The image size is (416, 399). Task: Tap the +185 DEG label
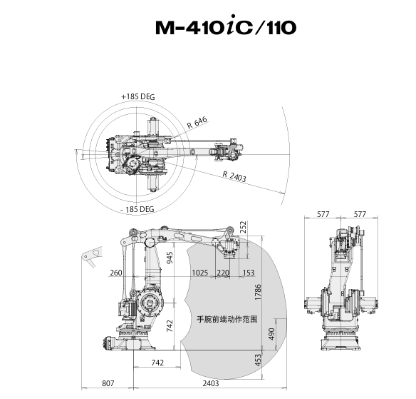[138, 96]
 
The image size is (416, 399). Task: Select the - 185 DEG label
[137, 209]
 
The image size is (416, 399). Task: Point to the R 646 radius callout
[197, 123]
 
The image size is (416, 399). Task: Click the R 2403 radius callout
[234, 176]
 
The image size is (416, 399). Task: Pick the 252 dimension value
[243, 227]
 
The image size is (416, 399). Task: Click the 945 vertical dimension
[170, 258]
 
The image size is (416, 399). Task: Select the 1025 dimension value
[199, 273]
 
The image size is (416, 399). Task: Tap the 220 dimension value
[223, 273]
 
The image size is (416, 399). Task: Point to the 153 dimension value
[249, 273]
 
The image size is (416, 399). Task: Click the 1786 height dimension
[258, 292]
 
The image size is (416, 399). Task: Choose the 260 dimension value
[116, 273]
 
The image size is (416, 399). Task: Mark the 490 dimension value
[271, 334]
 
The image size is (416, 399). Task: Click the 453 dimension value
[258, 360]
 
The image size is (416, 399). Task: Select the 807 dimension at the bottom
[108, 383]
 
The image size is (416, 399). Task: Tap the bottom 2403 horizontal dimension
[211, 383]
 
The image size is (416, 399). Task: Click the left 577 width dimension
[323, 214]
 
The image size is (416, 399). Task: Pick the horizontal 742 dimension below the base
[157, 363]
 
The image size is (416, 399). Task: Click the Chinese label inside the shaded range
[227, 319]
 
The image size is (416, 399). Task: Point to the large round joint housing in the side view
[150, 303]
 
